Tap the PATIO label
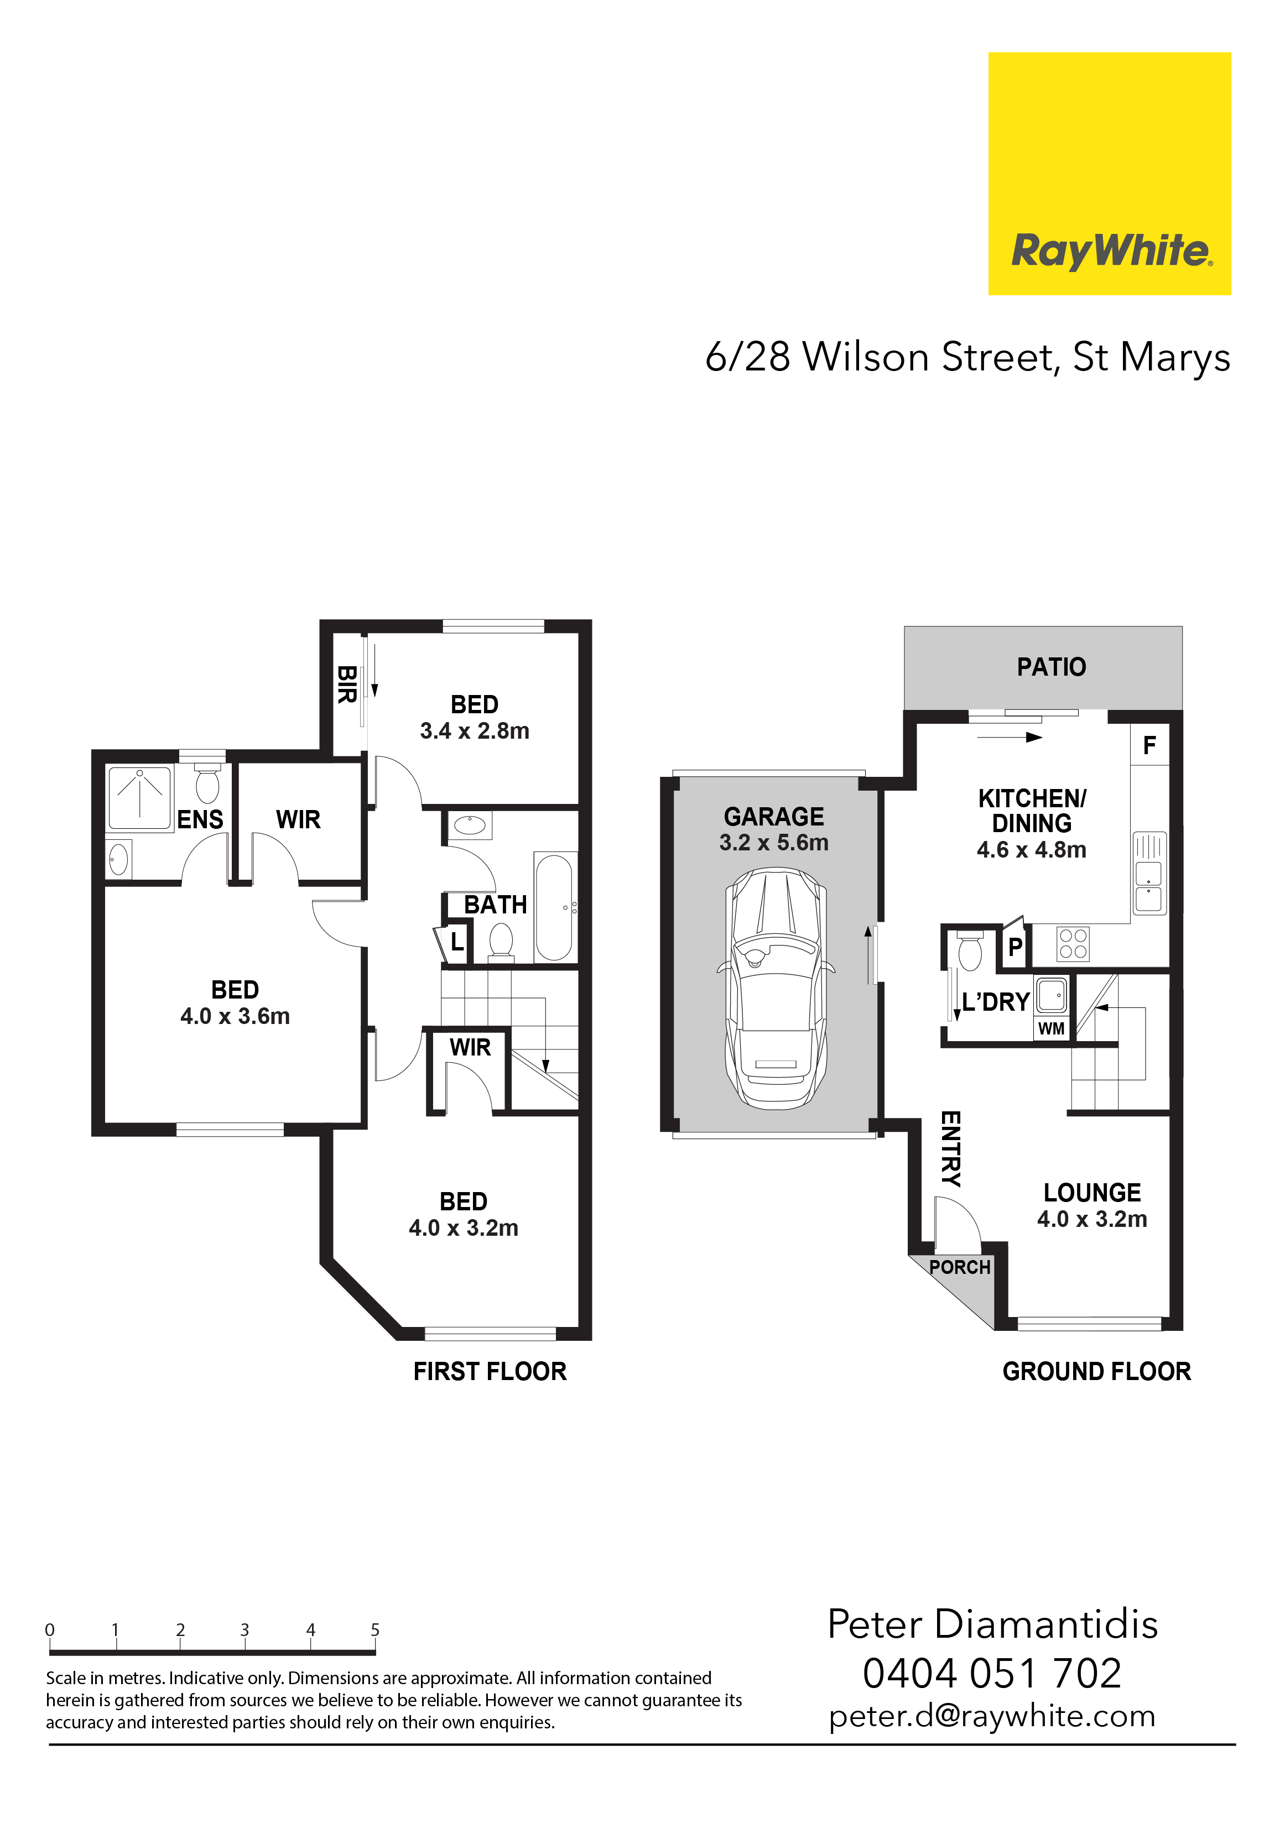click(x=1051, y=667)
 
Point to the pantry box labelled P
click(x=1015, y=947)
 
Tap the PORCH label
click(x=959, y=1267)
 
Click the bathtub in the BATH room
click(x=554, y=907)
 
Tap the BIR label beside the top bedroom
click(x=346, y=685)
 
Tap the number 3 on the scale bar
click(x=244, y=1629)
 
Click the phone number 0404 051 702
click(x=992, y=1674)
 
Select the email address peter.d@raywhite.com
click(x=992, y=1717)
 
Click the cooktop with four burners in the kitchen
click(x=1073, y=943)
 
